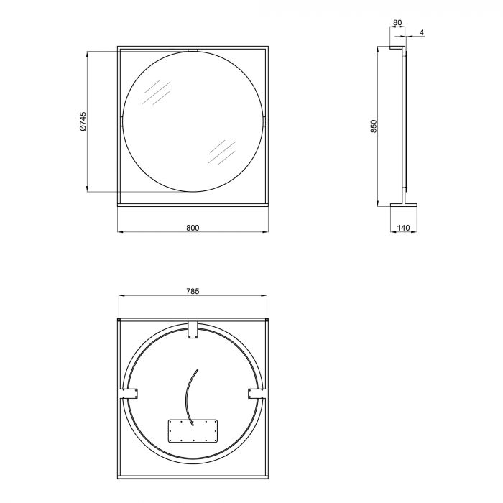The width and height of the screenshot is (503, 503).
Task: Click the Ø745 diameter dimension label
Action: click(x=83, y=121)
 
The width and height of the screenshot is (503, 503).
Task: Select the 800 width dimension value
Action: click(x=193, y=228)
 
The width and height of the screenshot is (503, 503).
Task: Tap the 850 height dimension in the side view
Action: click(x=374, y=126)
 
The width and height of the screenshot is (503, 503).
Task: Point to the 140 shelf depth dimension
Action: click(x=403, y=228)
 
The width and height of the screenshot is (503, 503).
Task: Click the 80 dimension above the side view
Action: click(x=397, y=23)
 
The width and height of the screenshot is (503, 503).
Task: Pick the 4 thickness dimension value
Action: click(x=422, y=32)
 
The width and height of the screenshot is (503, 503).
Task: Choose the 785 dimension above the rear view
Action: click(x=193, y=291)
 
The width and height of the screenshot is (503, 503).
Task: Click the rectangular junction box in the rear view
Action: click(x=193, y=431)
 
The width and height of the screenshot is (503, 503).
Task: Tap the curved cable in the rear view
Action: click(x=188, y=398)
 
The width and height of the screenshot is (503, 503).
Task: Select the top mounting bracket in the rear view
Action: click(x=193, y=329)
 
